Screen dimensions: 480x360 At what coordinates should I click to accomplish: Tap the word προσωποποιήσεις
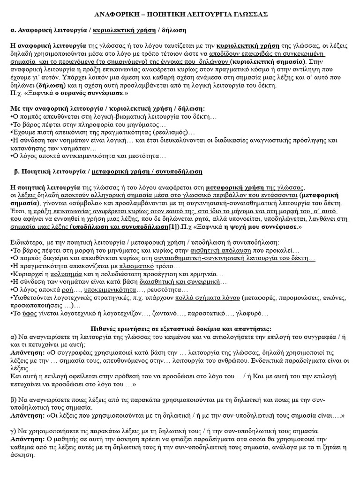(x=35, y=305)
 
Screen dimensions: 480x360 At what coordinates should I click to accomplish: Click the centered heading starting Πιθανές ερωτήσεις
(x=180, y=329)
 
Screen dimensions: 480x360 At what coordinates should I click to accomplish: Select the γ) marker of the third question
(x=13, y=430)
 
